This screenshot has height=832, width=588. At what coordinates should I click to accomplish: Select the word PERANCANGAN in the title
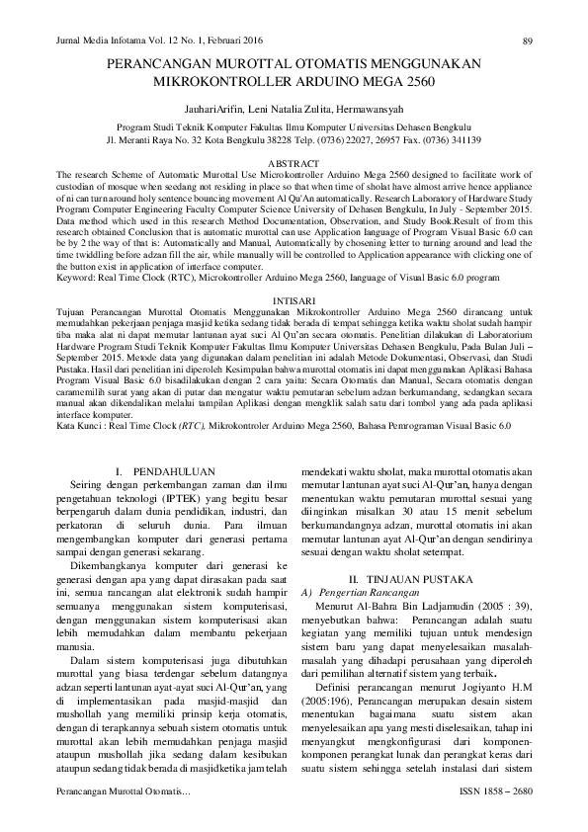160,62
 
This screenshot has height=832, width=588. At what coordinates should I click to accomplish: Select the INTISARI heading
294,299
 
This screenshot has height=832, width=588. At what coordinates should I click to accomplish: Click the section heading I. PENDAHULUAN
162,469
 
